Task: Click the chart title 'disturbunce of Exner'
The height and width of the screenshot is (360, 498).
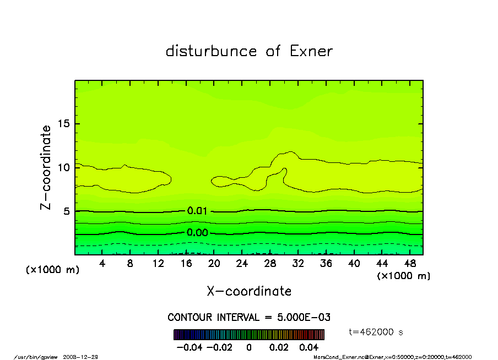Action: pos(249,51)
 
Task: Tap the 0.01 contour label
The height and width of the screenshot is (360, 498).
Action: pos(197,211)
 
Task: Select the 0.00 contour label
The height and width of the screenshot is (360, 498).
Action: pos(197,233)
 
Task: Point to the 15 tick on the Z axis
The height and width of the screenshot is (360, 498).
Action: pos(64,123)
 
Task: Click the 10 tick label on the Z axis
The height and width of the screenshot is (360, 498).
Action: pos(64,167)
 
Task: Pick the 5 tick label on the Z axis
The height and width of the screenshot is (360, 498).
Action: pos(67,211)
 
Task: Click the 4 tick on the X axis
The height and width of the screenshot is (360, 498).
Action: pos(102,264)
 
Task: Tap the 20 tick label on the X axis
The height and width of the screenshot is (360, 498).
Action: pos(214,264)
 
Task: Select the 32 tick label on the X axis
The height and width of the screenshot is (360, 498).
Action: pos(298,264)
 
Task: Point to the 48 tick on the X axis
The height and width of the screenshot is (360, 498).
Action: pos(410,264)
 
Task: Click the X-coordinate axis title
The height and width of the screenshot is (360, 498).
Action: pos(249,291)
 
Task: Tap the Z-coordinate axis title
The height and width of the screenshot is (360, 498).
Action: pos(46,167)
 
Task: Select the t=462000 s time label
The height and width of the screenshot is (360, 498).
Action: pos(377,332)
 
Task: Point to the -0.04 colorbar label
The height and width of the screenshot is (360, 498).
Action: pos(186,347)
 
